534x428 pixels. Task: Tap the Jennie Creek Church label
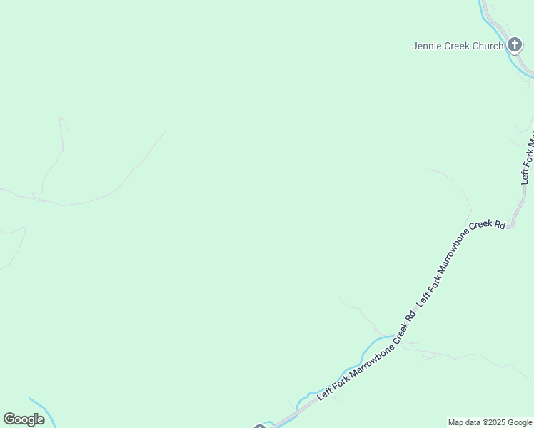(x=458, y=46)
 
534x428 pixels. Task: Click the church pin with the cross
(x=515, y=46)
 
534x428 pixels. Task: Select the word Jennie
(x=426, y=46)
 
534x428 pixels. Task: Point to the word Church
(x=488, y=46)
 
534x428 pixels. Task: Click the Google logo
(x=24, y=419)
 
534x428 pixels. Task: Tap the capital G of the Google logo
(x=9, y=419)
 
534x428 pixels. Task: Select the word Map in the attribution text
(x=456, y=422)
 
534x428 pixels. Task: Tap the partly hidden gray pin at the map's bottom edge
(x=259, y=427)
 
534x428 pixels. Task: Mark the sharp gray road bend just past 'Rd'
(x=510, y=226)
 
